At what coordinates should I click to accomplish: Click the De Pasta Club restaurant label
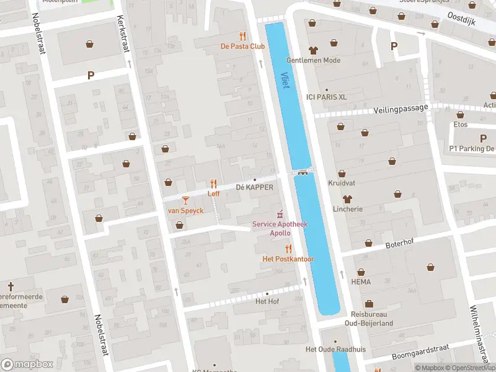point(243,46)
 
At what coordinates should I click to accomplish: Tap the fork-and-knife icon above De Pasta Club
point(242,36)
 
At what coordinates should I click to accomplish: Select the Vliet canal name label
point(285,79)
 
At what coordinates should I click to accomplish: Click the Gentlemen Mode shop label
point(313,60)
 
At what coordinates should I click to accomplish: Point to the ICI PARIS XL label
point(326,97)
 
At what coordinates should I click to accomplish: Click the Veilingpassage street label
point(401,108)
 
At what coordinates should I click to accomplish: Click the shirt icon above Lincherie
point(347,199)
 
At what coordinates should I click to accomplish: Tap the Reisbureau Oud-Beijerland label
point(369,318)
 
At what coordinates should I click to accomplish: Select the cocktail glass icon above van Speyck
point(185,200)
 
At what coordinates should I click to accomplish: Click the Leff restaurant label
point(214,193)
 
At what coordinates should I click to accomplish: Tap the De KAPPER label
point(254,187)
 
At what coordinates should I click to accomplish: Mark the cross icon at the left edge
point(11,286)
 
